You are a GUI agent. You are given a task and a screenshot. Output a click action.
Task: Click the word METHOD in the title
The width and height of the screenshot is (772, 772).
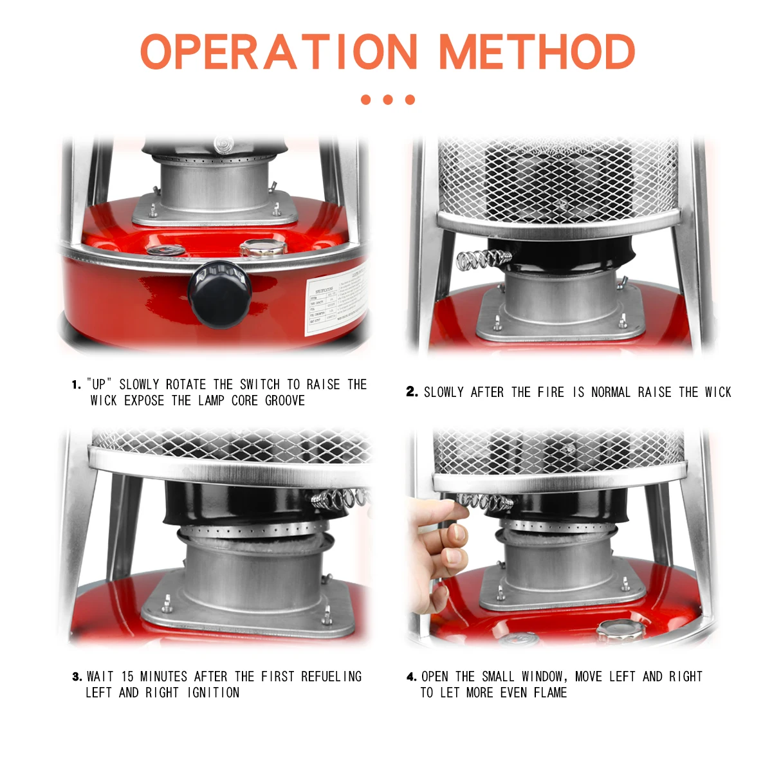click(x=537, y=52)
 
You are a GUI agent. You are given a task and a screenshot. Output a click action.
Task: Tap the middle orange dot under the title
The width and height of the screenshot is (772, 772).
click(x=387, y=100)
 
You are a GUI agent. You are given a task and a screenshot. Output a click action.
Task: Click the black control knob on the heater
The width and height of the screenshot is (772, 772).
click(x=219, y=293)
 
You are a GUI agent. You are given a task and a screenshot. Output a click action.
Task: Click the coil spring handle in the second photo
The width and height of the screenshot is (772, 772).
click(x=483, y=259)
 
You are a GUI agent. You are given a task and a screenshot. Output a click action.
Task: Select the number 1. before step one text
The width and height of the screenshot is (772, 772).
click(x=77, y=385)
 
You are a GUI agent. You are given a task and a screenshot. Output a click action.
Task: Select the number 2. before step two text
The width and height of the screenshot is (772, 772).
click(x=412, y=392)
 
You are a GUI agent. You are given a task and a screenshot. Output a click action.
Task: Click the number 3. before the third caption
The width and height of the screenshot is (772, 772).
click(x=77, y=677)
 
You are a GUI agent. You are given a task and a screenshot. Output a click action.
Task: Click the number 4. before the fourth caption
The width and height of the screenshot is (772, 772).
click(x=411, y=677)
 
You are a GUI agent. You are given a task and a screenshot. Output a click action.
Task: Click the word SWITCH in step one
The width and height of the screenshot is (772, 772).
click(x=259, y=385)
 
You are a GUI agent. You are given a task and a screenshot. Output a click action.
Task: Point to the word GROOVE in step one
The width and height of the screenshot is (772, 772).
click(x=285, y=401)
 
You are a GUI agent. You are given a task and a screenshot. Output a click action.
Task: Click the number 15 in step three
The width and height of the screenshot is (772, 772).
click(x=127, y=677)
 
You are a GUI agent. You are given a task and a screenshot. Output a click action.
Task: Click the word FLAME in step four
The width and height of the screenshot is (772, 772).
click(x=550, y=693)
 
